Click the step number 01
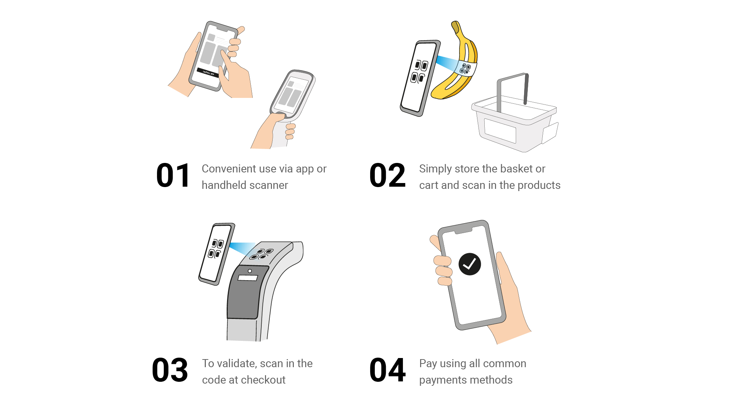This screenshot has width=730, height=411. coord(173,176)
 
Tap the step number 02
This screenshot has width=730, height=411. coord(388,176)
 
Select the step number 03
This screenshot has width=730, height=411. coord(170,370)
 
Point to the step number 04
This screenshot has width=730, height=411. coord(388,370)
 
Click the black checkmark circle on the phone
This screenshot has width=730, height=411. coord(469,264)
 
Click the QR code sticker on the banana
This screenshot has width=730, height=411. coord(465,68)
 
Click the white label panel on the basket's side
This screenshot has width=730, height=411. coord(500,130)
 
